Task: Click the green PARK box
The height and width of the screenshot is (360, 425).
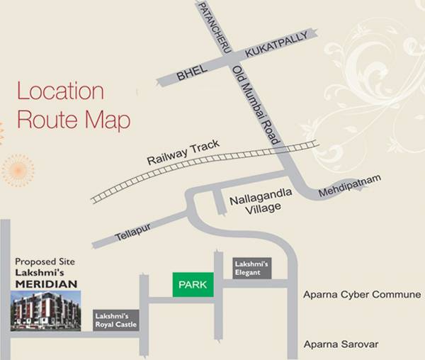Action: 193,284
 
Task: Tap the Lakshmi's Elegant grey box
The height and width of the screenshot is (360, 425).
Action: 251,268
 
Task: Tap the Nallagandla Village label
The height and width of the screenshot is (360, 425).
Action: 255,203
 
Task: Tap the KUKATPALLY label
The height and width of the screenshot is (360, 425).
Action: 277,44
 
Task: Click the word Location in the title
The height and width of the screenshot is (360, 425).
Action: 60,92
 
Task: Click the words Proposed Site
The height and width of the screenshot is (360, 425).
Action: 44,261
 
